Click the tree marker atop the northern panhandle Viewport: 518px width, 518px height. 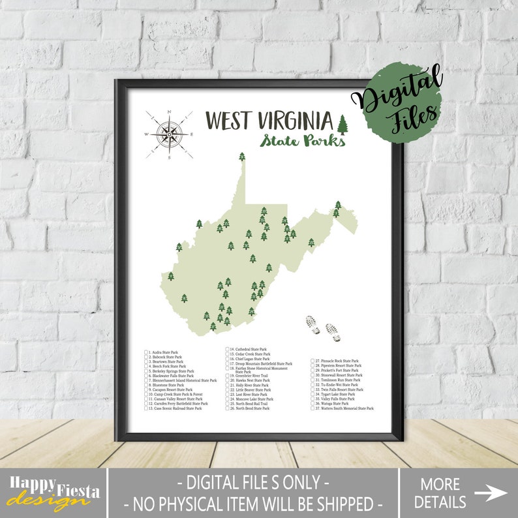(x=242, y=157)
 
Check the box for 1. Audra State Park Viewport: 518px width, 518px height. (x=146, y=353)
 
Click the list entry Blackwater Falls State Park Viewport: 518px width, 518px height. (x=172, y=376)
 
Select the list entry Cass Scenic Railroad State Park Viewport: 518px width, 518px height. (x=176, y=408)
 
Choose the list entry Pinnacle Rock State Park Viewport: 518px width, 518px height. (x=337, y=361)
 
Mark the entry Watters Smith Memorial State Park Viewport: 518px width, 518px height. (x=345, y=408)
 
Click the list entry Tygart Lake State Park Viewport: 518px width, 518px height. (x=335, y=394)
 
